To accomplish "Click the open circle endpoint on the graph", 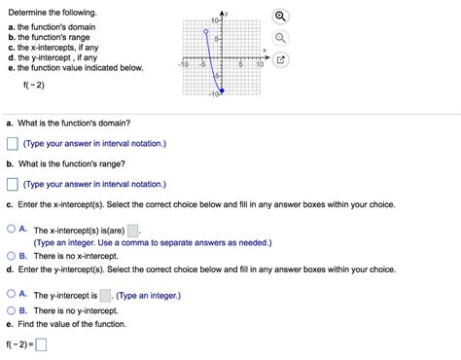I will (204, 32).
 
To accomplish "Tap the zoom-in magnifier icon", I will (280, 17).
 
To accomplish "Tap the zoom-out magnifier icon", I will (280, 38).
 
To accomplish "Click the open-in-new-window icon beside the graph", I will (280, 60).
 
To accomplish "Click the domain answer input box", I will (13, 144).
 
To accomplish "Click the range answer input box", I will (13, 184).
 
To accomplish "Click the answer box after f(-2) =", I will (42, 343).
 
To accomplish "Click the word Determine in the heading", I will (27, 12).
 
